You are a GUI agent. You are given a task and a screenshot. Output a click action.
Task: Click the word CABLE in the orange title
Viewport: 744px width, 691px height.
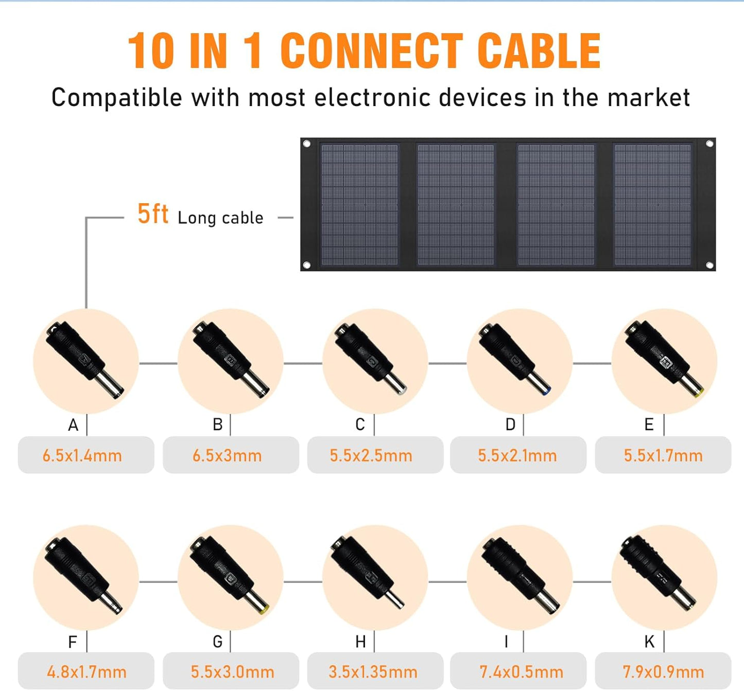(539, 50)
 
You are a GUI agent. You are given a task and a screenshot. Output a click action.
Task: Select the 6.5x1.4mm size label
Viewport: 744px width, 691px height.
(82, 455)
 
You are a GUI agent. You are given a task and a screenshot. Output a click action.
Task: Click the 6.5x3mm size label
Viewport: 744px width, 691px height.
(227, 455)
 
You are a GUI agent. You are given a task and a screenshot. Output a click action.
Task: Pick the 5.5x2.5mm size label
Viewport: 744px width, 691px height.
(371, 455)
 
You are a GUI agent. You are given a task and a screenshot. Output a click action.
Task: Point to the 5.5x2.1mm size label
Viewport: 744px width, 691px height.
(517, 455)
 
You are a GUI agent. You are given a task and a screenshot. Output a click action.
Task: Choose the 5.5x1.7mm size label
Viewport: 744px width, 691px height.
(663, 455)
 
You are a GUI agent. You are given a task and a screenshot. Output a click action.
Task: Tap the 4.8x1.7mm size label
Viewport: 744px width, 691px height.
(86, 671)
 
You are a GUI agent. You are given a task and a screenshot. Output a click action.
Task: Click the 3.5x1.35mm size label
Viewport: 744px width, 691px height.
(373, 671)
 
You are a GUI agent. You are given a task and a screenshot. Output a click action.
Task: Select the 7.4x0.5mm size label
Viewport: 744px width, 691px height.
(521, 671)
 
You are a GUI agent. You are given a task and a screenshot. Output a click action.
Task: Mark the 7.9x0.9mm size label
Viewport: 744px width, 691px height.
(663, 671)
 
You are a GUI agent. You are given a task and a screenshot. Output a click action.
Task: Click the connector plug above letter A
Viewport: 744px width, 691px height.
(85, 360)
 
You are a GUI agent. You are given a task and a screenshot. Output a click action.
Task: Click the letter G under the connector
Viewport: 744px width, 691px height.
(218, 642)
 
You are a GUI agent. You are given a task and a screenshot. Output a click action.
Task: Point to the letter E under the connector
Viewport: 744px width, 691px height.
(649, 424)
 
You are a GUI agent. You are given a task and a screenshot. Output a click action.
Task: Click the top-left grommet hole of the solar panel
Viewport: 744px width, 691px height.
(307, 144)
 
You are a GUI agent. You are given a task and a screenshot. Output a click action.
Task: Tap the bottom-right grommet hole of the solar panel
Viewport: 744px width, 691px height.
(710, 265)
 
